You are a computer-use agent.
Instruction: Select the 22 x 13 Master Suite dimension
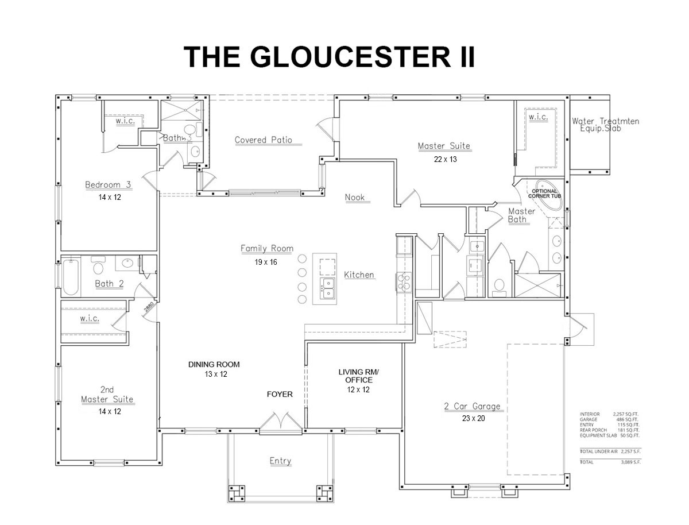tap(445, 160)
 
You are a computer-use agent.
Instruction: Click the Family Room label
tap(266, 249)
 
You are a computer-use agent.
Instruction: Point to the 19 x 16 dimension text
tap(266, 262)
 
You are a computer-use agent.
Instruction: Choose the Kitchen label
tap(359, 275)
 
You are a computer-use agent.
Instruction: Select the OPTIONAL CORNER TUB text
tap(544, 194)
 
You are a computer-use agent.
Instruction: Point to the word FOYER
tap(280, 395)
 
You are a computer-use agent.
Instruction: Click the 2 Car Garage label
tap(473, 407)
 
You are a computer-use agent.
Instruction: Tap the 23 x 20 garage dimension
tap(473, 419)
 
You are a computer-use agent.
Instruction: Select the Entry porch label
tap(280, 461)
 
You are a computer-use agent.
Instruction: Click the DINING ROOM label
tap(214, 364)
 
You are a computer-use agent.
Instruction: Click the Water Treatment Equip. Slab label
tap(605, 125)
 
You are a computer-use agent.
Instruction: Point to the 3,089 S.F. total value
tap(630, 461)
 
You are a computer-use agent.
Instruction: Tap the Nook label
tap(355, 198)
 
